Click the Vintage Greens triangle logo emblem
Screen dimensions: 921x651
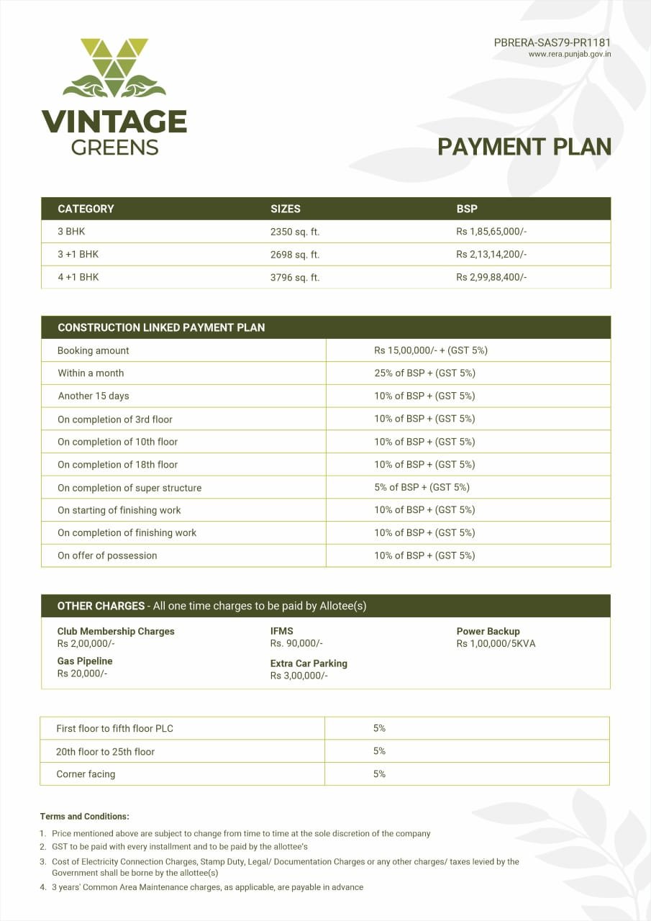click(114, 68)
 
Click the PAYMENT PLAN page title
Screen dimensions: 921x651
click(524, 147)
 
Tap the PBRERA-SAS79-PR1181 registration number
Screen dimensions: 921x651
click(552, 42)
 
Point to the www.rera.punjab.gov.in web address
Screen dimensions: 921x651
click(570, 54)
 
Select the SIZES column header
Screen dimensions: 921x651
click(286, 209)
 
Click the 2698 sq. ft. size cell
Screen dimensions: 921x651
click(295, 255)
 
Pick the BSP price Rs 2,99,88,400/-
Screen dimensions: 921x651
click(491, 277)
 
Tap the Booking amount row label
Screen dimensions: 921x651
click(94, 350)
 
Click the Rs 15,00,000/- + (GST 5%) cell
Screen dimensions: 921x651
click(431, 350)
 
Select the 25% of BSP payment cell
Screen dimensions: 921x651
click(424, 373)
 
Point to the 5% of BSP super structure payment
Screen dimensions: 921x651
click(422, 487)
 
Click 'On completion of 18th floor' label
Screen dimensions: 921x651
click(118, 465)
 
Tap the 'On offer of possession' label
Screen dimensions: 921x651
click(107, 555)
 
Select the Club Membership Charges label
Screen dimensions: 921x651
click(116, 631)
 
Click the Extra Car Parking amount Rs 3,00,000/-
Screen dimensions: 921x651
click(299, 676)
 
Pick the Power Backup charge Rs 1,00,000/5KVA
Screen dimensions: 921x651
click(496, 643)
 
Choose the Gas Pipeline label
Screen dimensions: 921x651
click(85, 661)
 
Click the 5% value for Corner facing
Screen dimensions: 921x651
click(379, 773)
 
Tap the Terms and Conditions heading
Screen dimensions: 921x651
click(85, 816)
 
